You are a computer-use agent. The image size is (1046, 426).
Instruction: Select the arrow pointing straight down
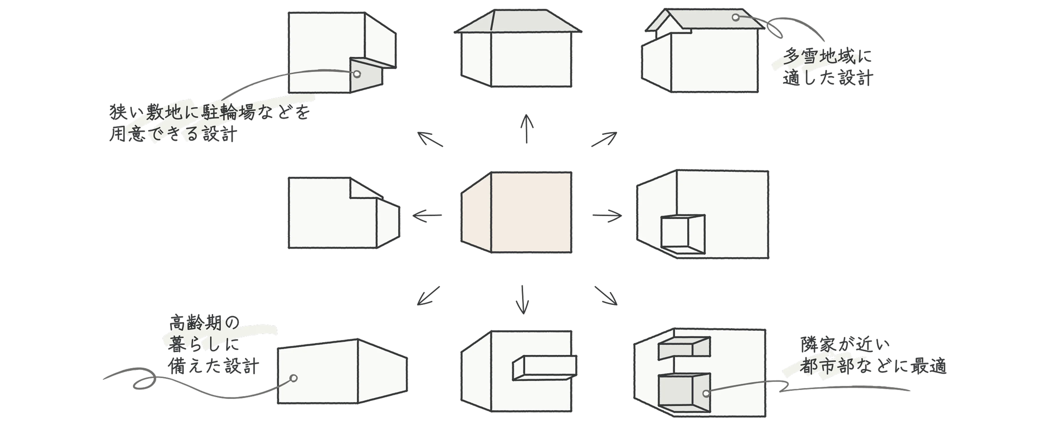tap(523, 299)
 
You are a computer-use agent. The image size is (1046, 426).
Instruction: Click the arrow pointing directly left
tap(427, 215)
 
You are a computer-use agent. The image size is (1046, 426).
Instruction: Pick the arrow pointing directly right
tap(607, 215)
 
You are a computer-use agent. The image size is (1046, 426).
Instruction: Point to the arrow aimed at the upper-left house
tap(430, 139)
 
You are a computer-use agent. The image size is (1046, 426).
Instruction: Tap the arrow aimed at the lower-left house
tap(428, 296)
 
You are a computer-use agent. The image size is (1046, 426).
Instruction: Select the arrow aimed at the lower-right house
tap(606, 296)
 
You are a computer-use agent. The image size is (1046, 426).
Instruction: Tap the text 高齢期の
tap(204, 323)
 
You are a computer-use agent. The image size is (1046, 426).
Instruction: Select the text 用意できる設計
tap(173, 133)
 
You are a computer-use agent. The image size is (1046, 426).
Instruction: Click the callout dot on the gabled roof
tap(735, 17)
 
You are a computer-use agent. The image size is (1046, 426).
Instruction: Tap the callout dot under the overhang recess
tap(357, 74)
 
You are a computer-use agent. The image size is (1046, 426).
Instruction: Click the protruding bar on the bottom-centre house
tap(545, 368)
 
